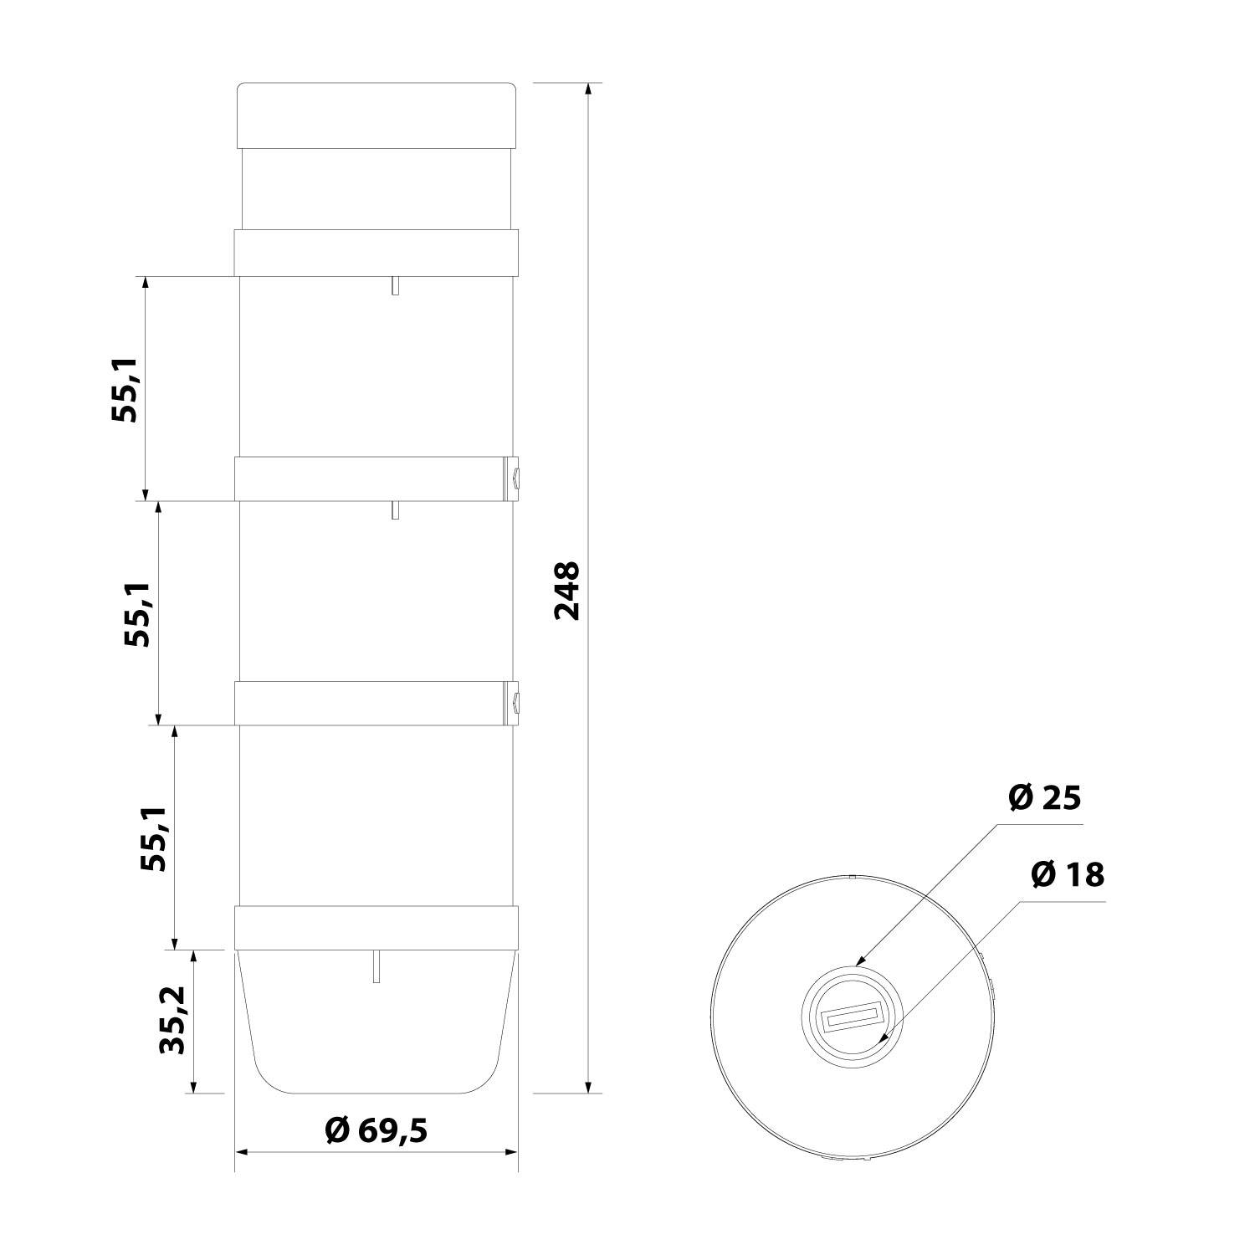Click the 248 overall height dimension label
click(567, 591)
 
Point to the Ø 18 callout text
click(1068, 875)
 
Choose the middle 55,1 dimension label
click(138, 614)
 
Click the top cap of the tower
click(376, 115)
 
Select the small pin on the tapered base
click(377, 966)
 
